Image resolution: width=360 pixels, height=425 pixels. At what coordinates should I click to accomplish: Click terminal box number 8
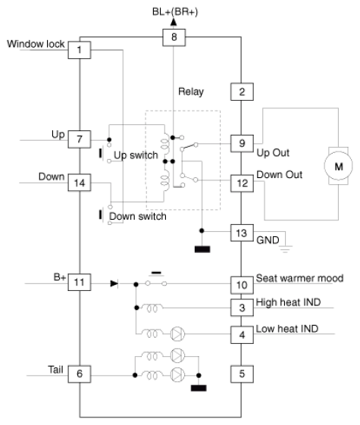tap(174, 37)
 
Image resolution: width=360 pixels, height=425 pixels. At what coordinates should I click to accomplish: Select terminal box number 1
tap(80, 50)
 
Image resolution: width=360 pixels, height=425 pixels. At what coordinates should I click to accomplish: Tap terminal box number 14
tap(80, 183)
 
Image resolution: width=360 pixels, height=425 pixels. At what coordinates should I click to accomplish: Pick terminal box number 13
tap(242, 233)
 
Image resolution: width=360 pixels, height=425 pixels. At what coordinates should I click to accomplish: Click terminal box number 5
tap(242, 374)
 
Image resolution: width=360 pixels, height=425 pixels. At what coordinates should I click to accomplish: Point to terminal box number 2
tap(242, 92)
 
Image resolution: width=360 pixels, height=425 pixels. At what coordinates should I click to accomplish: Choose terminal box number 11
tap(80, 282)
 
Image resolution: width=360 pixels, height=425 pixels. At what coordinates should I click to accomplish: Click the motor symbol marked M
tap(338, 166)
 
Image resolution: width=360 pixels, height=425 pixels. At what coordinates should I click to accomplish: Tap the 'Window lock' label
tap(36, 44)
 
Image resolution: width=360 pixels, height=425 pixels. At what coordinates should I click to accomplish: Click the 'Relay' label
tap(191, 92)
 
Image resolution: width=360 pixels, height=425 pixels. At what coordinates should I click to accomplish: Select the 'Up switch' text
tap(136, 155)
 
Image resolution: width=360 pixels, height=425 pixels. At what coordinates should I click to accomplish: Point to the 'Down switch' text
tap(138, 217)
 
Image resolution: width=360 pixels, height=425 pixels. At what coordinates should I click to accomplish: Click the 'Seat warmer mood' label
tap(300, 278)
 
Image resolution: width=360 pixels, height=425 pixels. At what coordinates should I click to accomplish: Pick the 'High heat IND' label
tap(289, 302)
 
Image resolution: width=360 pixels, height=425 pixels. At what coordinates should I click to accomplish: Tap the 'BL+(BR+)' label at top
tap(175, 12)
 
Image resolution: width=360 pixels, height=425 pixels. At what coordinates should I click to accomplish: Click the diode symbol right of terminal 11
tap(114, 284)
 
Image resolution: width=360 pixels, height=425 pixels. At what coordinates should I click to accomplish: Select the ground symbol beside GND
tap(286, 249)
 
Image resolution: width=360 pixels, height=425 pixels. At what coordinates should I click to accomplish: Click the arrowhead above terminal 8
tap(174, 22)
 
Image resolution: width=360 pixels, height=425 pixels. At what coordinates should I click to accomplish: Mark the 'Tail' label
tap(55, 370)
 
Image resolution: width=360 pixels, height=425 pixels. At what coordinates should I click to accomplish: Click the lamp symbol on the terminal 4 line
tap(177, 333)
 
